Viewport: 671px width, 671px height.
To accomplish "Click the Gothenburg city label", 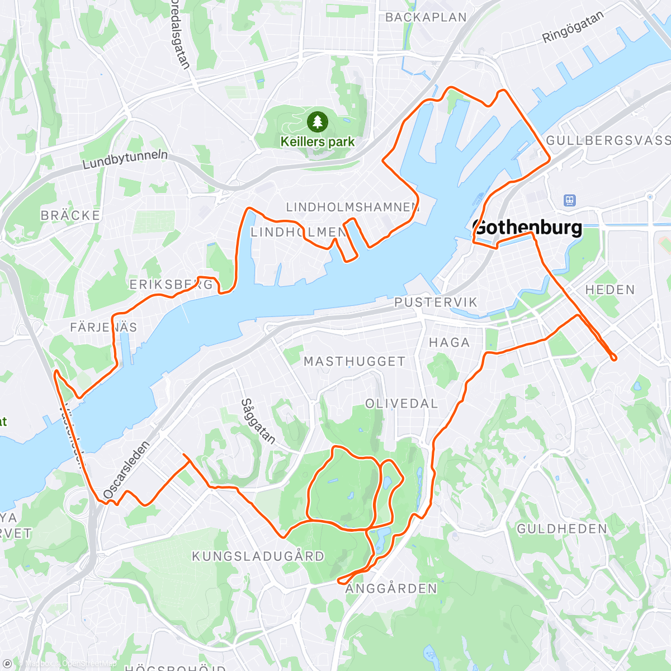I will tap(527, 228).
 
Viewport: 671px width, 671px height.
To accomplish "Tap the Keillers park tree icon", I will tap(317, 121).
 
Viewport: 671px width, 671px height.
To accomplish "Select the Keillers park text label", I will tap(317, 142).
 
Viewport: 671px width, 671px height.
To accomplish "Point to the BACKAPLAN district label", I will tap(426, 17).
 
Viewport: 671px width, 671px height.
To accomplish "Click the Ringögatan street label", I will tap(573, 27).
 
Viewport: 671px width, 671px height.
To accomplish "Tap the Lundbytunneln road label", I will tap(125, 159).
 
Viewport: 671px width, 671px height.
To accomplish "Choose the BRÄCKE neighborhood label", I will tap(70, 215).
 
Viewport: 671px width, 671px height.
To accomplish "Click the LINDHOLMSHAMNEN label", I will tap(352, 207).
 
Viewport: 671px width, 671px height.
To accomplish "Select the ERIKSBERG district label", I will tap(171, 285).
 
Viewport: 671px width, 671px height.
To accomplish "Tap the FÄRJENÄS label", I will tap(103, 327).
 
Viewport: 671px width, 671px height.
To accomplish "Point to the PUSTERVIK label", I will tap(436, 303).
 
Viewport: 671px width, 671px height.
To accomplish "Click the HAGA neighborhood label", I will tap(449, 342).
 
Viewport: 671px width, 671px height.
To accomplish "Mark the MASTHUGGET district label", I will tap(354, 362).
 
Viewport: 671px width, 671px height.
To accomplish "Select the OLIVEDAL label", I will tap(401, 404).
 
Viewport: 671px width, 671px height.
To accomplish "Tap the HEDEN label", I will tap(610, 290).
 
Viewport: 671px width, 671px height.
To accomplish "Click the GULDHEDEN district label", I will tap(561, 529).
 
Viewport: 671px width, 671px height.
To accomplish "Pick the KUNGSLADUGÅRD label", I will tap(258, 556).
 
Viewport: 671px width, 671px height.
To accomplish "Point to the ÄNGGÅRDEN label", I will tap(391, 588).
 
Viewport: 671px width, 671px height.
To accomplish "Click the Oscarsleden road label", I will tap(126, 470).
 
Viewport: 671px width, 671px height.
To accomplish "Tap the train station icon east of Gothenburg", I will tap(570, 200).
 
